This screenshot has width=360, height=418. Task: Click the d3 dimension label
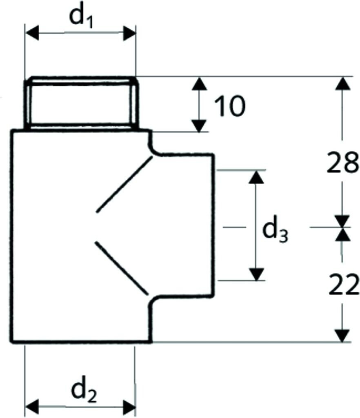click(x=275, y=231)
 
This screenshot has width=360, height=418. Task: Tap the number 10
click(x=229, y=106)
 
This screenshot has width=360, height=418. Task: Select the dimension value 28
click(x=342, y=162)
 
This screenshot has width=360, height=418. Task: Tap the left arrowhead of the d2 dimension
click(x=32, y=406)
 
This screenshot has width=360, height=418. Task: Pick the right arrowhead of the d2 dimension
click(x=129, y=406)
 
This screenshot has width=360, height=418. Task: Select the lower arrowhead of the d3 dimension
click(x=256, y=274)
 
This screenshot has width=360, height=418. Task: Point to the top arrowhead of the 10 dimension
click(x=199, y=84)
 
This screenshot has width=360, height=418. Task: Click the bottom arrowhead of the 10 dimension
click(x=199, y=125)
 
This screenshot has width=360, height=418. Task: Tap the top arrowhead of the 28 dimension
click(x=343, y=84)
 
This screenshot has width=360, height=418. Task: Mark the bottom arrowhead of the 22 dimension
click(x=343, y=335)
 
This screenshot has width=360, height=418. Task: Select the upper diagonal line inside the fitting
click(x=124, y=186)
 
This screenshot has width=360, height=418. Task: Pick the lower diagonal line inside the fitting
click(x=121, y=267)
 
